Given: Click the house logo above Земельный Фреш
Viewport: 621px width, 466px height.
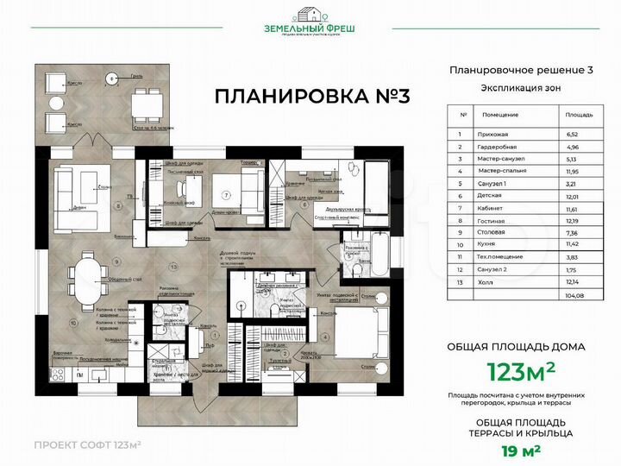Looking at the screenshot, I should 310,15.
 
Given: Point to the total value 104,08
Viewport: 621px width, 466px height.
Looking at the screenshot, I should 573,295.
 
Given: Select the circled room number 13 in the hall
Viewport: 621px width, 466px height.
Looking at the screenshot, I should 173,265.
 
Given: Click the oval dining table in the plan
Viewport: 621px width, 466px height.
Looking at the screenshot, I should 85,282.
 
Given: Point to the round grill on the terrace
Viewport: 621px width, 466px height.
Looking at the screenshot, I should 110,79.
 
